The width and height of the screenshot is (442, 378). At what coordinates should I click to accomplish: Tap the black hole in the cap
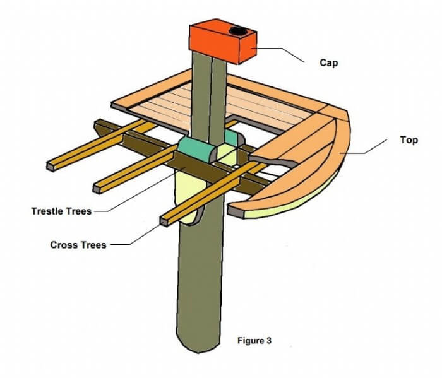click(238, 32)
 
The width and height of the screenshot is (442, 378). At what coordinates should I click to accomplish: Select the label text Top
click(409, 140)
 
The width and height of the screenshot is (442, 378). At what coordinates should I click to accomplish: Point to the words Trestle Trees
click(61, 211)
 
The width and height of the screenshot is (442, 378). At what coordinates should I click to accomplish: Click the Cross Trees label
click(78, 245)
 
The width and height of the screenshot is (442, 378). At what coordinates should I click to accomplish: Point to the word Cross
click(63, 245)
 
